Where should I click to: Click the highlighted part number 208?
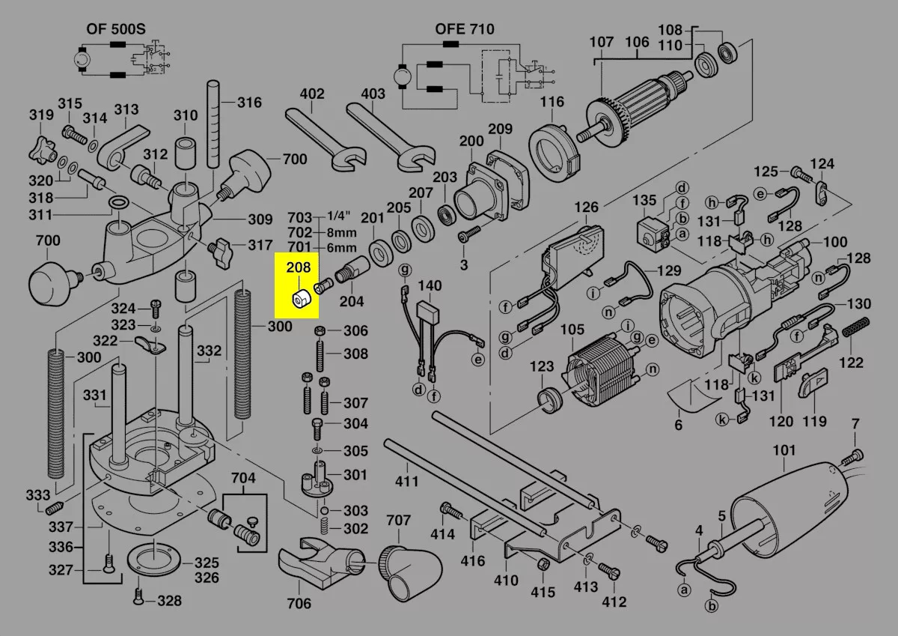pos(302,266)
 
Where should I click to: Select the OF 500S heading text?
pos(115,30)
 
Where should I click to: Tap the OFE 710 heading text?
pos(465,30)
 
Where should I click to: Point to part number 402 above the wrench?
pos(312,94)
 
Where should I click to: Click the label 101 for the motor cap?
pos(784,452)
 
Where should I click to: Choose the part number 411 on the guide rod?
pos(407,481)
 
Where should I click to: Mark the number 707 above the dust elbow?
pos(399,521)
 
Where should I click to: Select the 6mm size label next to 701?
pos(342,248)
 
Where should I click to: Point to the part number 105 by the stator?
pos(572,330)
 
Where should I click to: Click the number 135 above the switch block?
pos(644,201)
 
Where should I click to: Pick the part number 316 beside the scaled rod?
pos(250,103)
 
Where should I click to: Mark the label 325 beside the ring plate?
pos(207,563)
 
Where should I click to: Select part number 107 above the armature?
pos(602,43)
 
